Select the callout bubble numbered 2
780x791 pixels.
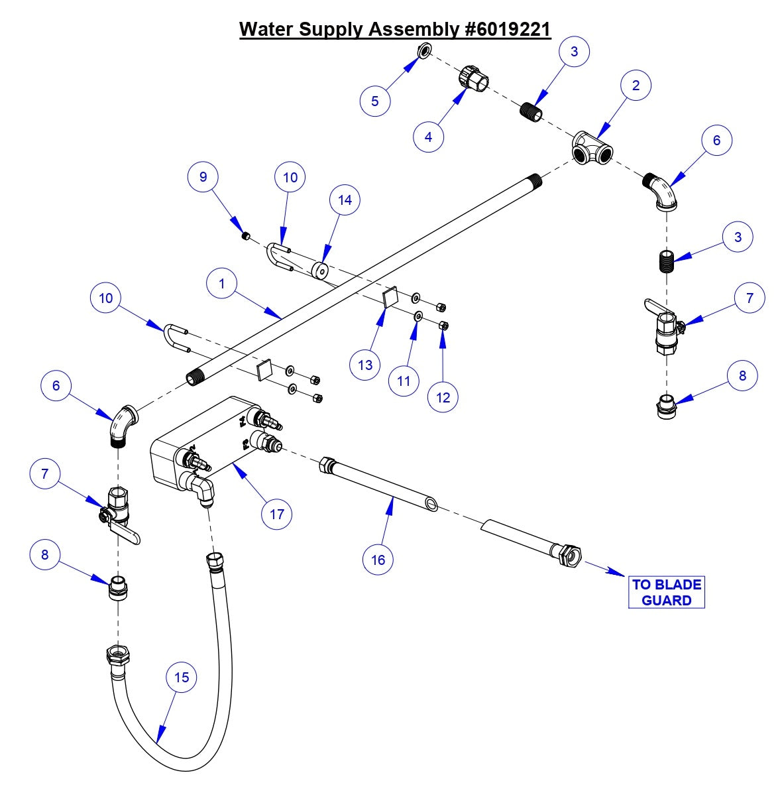(636, 85)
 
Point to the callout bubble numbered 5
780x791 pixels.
(375, 101)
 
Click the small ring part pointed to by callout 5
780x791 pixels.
(424, 51)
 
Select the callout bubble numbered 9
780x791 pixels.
(203, 176)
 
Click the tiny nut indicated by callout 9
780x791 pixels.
(245, 235)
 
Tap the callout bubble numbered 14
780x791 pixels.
(345, 200)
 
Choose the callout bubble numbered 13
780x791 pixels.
(366, 365)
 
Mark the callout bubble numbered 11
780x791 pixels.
(404, 381)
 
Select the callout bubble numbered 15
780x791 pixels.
(182, 677)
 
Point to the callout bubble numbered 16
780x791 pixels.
(378, 560)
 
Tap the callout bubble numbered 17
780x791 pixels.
(277, 514)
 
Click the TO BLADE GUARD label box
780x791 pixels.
(666, 592)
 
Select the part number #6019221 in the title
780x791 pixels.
(504, 29)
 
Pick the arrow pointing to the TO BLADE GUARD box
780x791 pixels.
(603, 568)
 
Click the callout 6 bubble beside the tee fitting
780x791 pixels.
(717, 140)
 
